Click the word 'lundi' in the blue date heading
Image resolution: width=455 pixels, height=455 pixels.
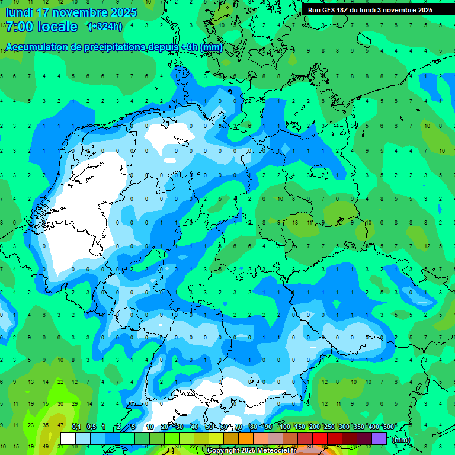(20, 12)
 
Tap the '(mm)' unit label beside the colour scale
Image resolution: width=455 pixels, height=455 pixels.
(401, 440)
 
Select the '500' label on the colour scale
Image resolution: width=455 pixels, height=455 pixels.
(389, 427)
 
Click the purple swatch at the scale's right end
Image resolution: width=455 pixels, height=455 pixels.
(380, 438)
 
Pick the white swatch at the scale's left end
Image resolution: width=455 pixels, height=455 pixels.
(68, 438)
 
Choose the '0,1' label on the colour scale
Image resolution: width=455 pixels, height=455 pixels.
(76, 427)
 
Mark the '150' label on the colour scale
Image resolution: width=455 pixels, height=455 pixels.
(300, 427)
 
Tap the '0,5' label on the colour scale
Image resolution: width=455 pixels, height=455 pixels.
(91, 427)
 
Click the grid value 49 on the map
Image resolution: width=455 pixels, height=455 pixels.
(46, 446)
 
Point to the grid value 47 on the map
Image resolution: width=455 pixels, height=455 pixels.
(60, 425)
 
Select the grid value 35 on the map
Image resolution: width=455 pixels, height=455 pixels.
(46, 425)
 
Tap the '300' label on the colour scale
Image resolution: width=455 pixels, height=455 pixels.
(344, 427)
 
